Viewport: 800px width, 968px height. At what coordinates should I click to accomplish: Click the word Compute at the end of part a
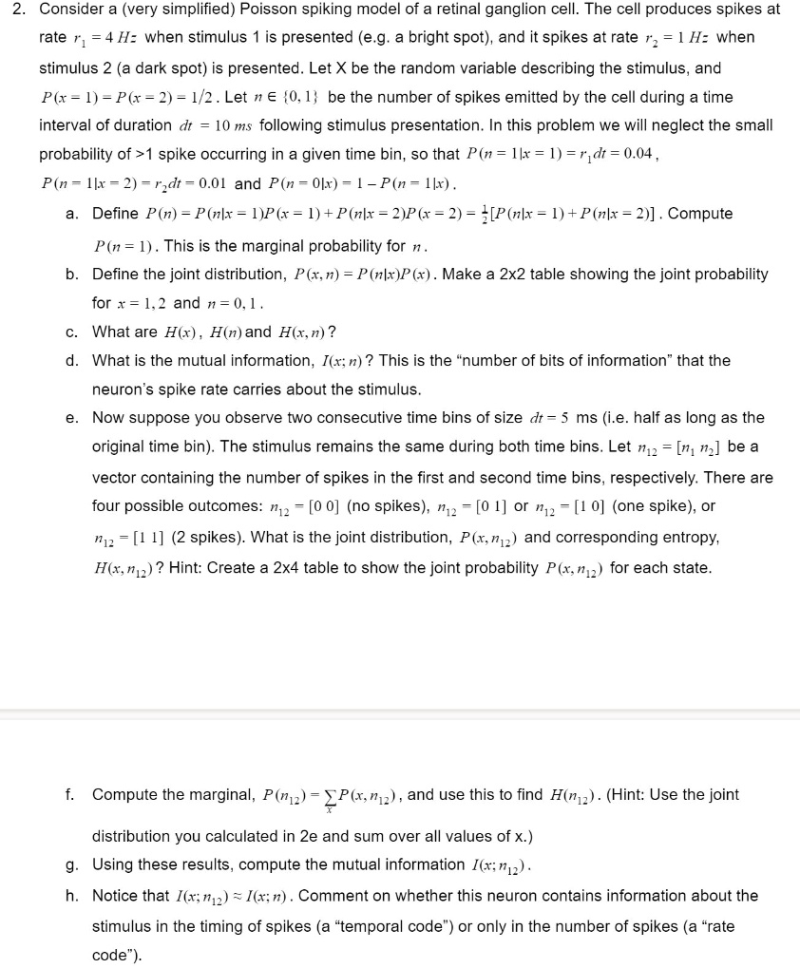point(701,214)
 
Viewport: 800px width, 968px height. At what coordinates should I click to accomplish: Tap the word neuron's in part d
point(122,389)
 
